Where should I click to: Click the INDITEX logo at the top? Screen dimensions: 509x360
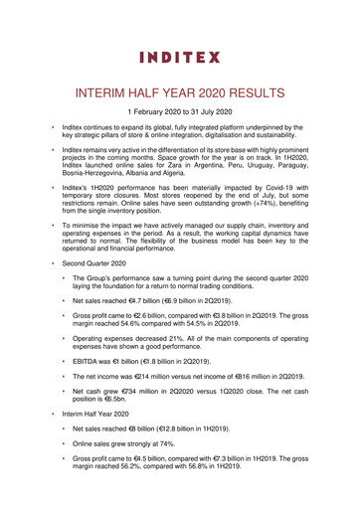pyautogui.click(x=179, y=55)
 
